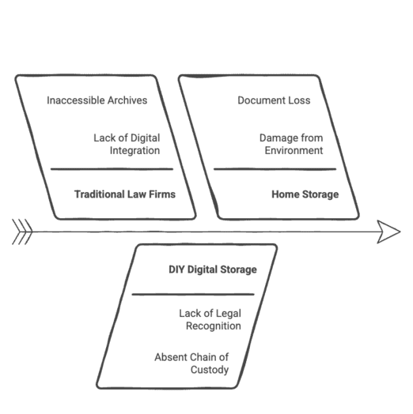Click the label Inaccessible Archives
tap(97, 100)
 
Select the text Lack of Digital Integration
tap(127, 144)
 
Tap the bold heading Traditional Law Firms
tap(125, 194)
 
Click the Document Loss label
tap(274, 100)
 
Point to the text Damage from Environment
tap(291, 144)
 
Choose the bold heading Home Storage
tap(305, 194)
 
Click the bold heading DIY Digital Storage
tap(213, 269)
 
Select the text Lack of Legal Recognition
tap(210, 320)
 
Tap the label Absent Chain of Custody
tap(191, 363)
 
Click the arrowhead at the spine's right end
tap(388, 231)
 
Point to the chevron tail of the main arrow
tap(22, 231)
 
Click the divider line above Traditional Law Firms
tap(112, 169)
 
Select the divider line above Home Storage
tap(275, 169)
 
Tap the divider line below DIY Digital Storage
tap(193, 294)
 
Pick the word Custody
tap(210, 370)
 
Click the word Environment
tap(294, 150)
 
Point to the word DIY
tap(176, 269)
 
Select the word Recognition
tap(214, 326)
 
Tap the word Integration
tap(135, 150)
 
